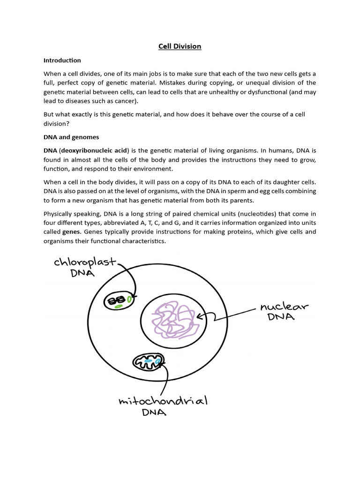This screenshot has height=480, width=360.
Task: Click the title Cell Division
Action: (180, 46)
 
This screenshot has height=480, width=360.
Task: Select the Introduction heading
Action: (62, 60)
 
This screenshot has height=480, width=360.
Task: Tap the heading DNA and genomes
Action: (71, 137)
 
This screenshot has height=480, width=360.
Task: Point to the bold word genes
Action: (72, 232)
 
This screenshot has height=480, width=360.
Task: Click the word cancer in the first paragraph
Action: (132, 101)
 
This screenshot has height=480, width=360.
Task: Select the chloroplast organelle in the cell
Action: (119, 301)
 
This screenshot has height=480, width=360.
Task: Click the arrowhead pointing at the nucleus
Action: (200, 316)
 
